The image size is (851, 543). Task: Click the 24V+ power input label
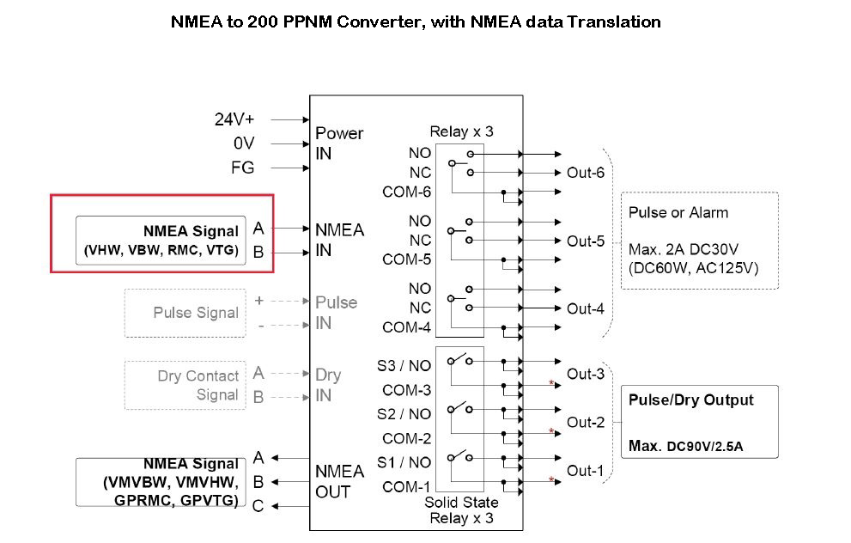point(234,119)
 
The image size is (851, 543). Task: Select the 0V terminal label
point(243,143)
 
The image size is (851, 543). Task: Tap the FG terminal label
point(243,168)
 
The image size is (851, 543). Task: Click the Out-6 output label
point(586,173)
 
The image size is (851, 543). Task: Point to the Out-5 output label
point(586,241)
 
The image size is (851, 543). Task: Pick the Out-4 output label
point(586,308)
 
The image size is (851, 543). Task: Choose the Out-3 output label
point(586,374)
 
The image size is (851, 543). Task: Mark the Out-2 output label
point(586,422)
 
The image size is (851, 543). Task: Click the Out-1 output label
point(586,470)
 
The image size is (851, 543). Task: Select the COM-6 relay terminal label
point(406,192)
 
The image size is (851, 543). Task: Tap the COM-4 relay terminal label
point(406,327)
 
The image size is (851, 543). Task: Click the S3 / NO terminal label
point(404,365)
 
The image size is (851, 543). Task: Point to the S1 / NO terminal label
point(404,462)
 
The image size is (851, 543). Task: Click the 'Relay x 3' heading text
point(461,131)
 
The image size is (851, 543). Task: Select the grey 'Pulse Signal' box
point(184,313)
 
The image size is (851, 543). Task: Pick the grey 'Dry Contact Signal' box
point(185,385)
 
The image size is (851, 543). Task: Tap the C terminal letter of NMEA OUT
point(258,506)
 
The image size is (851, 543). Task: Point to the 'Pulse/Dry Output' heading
point(690,400)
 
